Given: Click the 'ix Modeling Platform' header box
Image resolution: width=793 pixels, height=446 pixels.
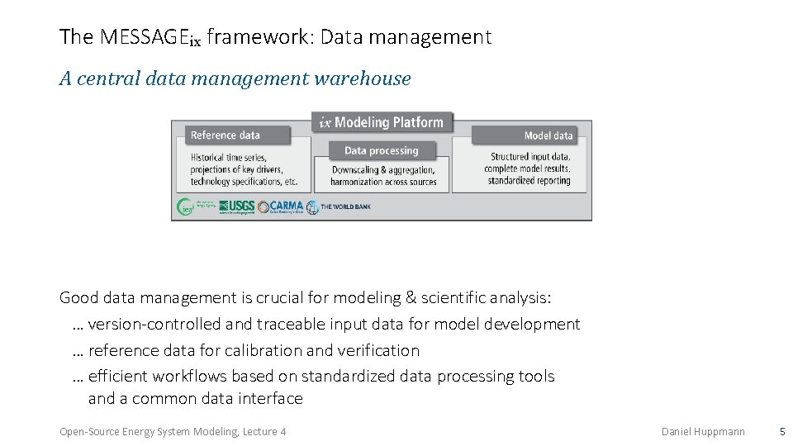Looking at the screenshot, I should click(x=382, y=122).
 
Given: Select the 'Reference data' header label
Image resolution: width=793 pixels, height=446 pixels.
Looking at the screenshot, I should click(x=226, y=135).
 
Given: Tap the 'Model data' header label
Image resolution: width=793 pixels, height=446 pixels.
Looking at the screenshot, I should click(x=548, y=135).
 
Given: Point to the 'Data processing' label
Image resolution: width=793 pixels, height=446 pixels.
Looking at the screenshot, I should click(x=382, y=150).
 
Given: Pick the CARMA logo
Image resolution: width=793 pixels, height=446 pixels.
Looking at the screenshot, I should click(x=281, y=206).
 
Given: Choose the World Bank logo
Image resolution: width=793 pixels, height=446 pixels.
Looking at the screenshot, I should click(x=339, y=206).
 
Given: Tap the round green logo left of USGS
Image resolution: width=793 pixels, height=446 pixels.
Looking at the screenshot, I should click(x=187, y=206).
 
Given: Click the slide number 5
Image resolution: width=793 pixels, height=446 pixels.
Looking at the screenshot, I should click(x=781, y=431).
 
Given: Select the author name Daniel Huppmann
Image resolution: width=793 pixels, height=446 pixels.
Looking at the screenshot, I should click(x=703, y=431).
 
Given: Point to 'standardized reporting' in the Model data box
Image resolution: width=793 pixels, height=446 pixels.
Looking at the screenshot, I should click(x=529, y=181).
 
